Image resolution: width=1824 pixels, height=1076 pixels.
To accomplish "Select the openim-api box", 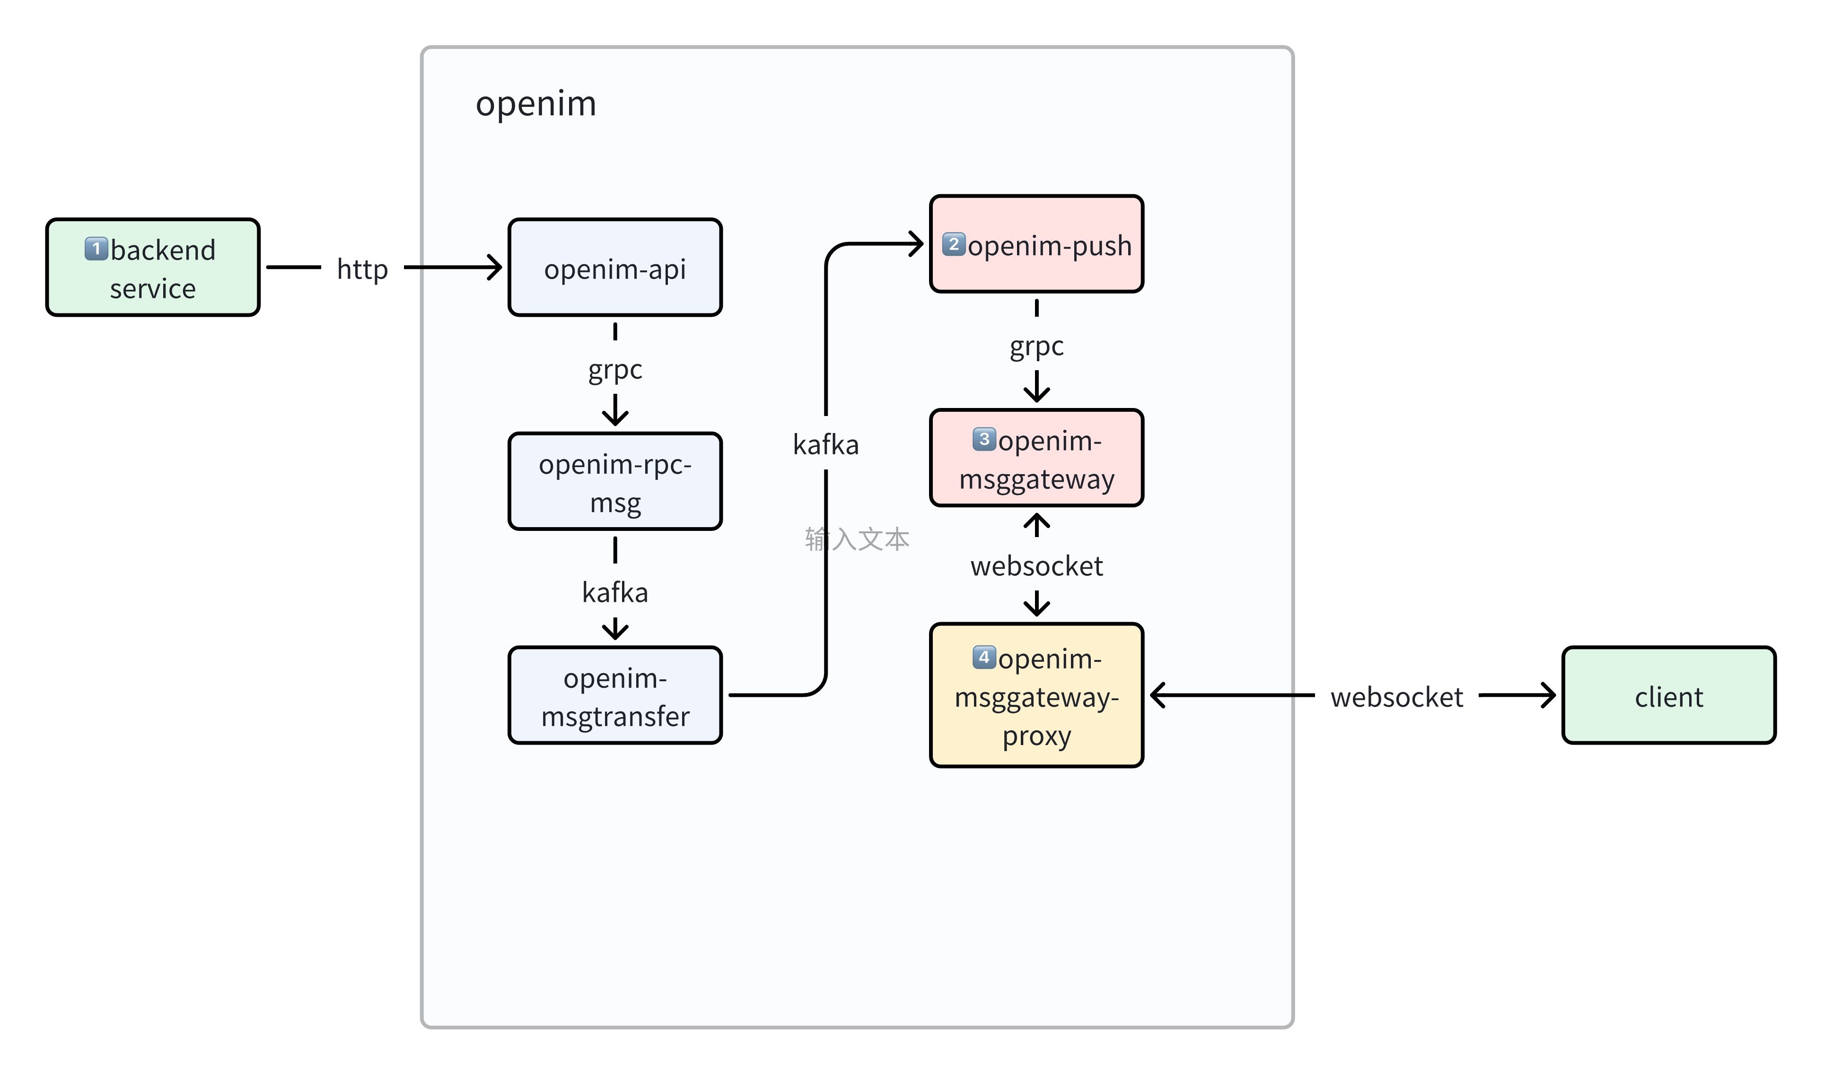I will coord(615,268).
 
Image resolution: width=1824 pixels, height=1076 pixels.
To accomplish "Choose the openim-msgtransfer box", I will coord(615,696).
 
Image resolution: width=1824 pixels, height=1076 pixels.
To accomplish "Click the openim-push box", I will coord(1036,245).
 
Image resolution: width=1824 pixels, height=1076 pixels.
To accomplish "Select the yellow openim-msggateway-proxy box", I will coord(1036,696).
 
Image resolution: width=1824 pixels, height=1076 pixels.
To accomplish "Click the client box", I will coord(1669,696).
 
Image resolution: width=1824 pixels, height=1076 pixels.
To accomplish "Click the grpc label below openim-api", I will coord(615,370).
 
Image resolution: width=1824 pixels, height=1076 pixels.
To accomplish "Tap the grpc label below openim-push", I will coord(1036,347).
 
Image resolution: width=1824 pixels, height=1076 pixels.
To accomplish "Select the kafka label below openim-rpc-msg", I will coord(615,592).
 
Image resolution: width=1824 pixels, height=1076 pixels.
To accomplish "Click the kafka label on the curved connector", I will coord(825,444).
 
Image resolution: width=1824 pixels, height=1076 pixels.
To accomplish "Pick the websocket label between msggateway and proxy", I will coord(1036,566).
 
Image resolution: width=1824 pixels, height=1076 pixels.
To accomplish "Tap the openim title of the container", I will coord(536,104).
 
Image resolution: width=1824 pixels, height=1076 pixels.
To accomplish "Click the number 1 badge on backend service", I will coord(96,249).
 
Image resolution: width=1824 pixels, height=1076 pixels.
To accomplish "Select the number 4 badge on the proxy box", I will coord(983,657).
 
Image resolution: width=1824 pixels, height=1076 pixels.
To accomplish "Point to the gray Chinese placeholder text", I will coord(857,539).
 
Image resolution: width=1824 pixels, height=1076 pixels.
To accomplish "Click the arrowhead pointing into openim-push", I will coord(917,244).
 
